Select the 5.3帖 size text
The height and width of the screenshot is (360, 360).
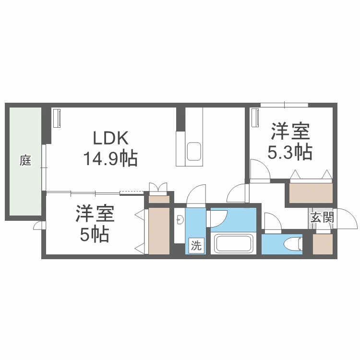coord(290,153)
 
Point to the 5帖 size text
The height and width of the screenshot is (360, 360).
coord(95,235)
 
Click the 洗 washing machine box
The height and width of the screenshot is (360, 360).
coord(196,246)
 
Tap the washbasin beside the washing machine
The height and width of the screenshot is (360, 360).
coord(180,221)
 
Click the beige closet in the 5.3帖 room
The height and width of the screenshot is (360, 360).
coord(311,193)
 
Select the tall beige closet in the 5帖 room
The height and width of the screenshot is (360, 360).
coord(159,231)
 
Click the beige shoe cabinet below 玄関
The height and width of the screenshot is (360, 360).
coord(322,244)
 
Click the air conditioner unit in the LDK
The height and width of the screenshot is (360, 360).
coord(57,118)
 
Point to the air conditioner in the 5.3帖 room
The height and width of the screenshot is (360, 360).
coord(255,118)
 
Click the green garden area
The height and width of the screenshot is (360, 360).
coord(24,182)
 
